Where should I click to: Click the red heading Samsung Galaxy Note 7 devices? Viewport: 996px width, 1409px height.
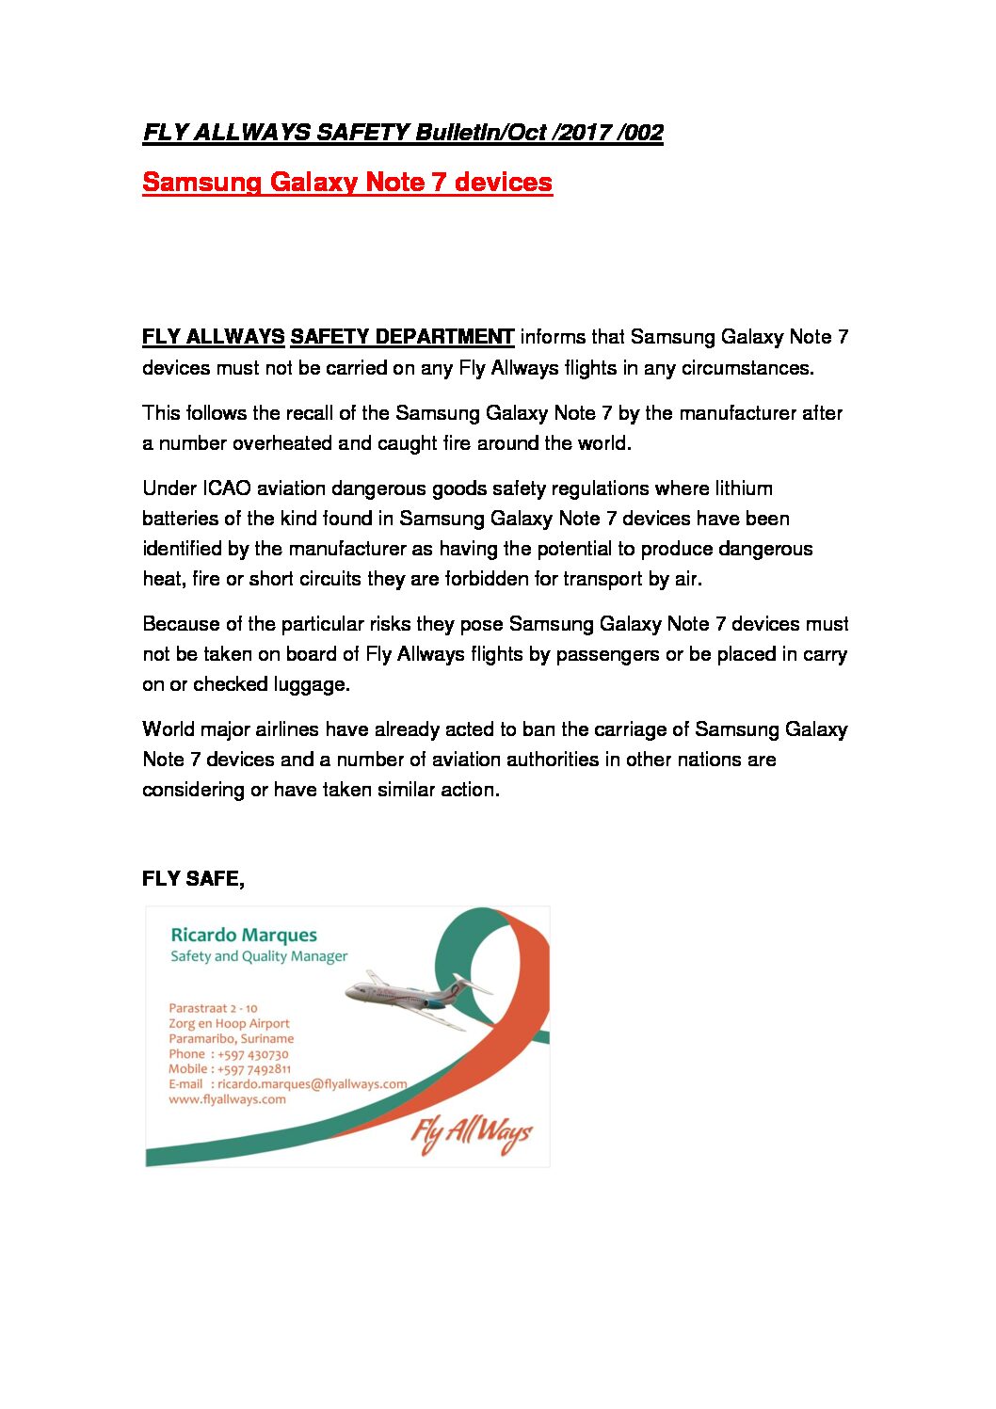click(346, 182)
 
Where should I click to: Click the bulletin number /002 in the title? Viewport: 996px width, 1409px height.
click(640, 133)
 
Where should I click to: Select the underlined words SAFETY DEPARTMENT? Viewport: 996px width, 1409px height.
click(402, 337)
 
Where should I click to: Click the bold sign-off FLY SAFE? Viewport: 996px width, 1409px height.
click(193, 878)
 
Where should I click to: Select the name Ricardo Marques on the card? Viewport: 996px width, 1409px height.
click(243, 935)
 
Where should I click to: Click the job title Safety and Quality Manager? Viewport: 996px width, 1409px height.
click(259, 956)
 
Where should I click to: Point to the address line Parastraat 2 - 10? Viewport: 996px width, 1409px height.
click(213, 1008)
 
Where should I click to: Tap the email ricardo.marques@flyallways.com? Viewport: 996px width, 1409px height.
click(312, 1084)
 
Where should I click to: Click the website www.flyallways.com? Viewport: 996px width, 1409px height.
click(227, 1099)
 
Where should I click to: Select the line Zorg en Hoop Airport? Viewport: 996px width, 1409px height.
click(229, 1023)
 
